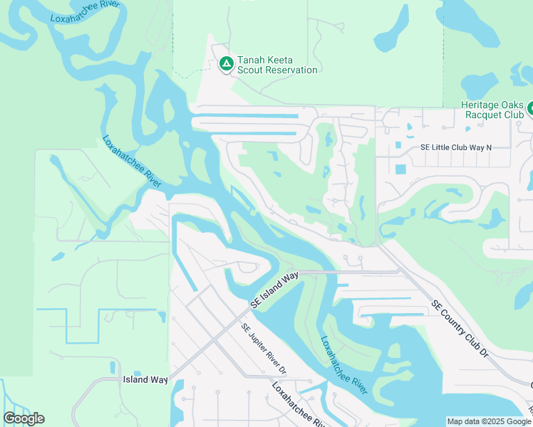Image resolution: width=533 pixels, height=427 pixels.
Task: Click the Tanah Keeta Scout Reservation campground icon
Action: (x=226, y=65)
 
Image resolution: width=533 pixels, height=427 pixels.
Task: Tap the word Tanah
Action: (x=252, y=60)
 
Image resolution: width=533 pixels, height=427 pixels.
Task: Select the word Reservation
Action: (x=290, y=70)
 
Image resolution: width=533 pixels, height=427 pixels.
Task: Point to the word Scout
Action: (x=251, y=70)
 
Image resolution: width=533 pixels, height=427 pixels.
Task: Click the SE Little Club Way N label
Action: (x=456, y=147)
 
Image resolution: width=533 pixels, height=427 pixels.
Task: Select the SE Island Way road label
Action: (x=274, y=290)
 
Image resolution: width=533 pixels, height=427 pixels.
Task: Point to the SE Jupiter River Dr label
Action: (x=263, y=349)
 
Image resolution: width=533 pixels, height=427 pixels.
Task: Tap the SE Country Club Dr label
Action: (x=460, y=328)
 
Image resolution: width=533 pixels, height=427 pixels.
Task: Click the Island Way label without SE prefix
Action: (x=145, y=379)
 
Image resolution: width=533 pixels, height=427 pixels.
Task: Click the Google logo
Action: (x=24, y=418)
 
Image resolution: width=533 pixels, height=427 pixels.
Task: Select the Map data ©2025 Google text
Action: (x=489, y=421)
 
